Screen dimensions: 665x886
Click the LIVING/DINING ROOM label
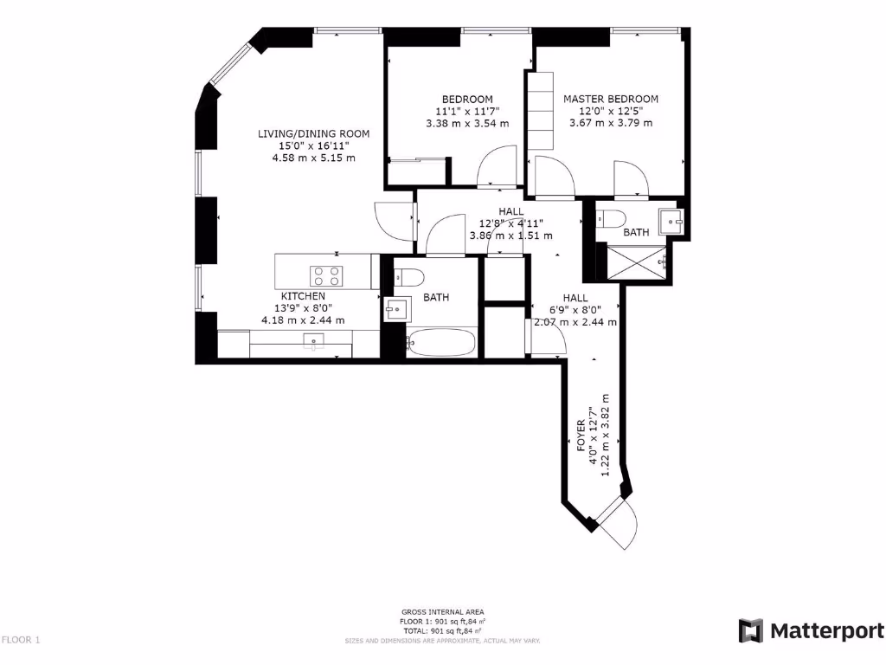[x=313, y=133]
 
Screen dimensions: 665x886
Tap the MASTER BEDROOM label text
[x=610, y=99]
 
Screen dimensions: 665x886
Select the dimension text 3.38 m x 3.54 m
[x=467, y=123]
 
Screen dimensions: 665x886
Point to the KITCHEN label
[x=302, y=296]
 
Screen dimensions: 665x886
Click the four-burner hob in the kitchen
[x=327, y=274]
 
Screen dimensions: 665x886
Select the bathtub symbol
[x=440, y=343]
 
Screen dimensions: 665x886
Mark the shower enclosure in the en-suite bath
[x=639, y=264]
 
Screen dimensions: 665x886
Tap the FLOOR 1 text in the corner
[x=21, y=640]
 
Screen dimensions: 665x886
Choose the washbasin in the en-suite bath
[x=670, y=222]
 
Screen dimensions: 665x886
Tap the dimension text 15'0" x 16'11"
[x=313, y=145]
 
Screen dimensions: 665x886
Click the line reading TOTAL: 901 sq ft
[x=442, y=631]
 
